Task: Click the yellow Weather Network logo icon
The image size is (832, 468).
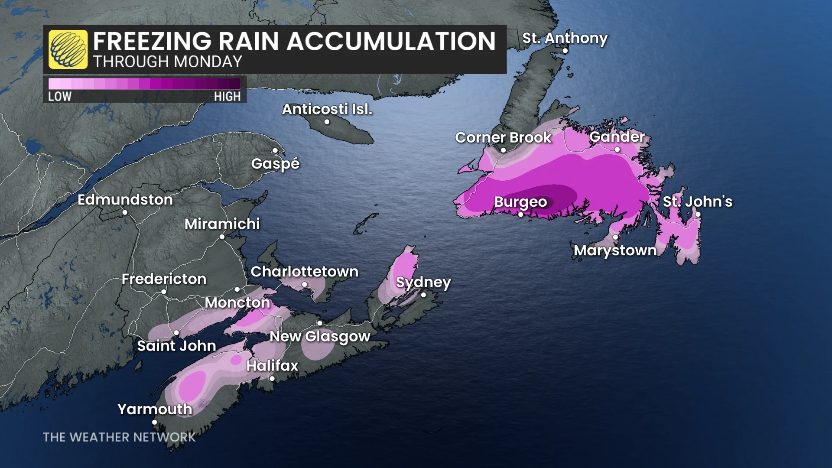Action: [x=68, y=49]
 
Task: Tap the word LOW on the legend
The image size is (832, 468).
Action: [x=60, y=96]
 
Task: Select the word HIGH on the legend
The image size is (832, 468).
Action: [x=227, y=96]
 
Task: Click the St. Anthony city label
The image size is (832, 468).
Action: [x=565, y=38]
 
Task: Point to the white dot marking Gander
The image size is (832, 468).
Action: [x=617, y=149]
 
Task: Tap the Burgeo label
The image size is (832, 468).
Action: [x=520, y=201]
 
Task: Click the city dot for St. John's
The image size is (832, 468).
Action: [x=698, y=214]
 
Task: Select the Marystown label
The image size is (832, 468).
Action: [x=615, y=250]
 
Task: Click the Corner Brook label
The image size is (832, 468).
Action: [x=503, y=137]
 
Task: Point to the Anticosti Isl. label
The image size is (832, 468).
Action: [x=327, y=109]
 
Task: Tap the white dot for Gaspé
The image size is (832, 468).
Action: [x=275, y=150]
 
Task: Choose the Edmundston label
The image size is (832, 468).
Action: [x=125, y=200]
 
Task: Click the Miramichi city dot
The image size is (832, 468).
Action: [x=222, y=237]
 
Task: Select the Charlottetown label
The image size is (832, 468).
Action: [x=304, y=272]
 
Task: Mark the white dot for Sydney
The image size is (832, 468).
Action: [x=423, y=295]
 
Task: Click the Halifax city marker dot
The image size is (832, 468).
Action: [x=272, y=378]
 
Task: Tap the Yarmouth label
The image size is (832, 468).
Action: [x=155, y=409]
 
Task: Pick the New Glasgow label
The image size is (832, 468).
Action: [x=320, y=336]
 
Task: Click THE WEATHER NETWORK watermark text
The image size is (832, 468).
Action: [x=119, y=437]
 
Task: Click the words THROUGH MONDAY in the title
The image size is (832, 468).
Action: [x=167, y=62]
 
